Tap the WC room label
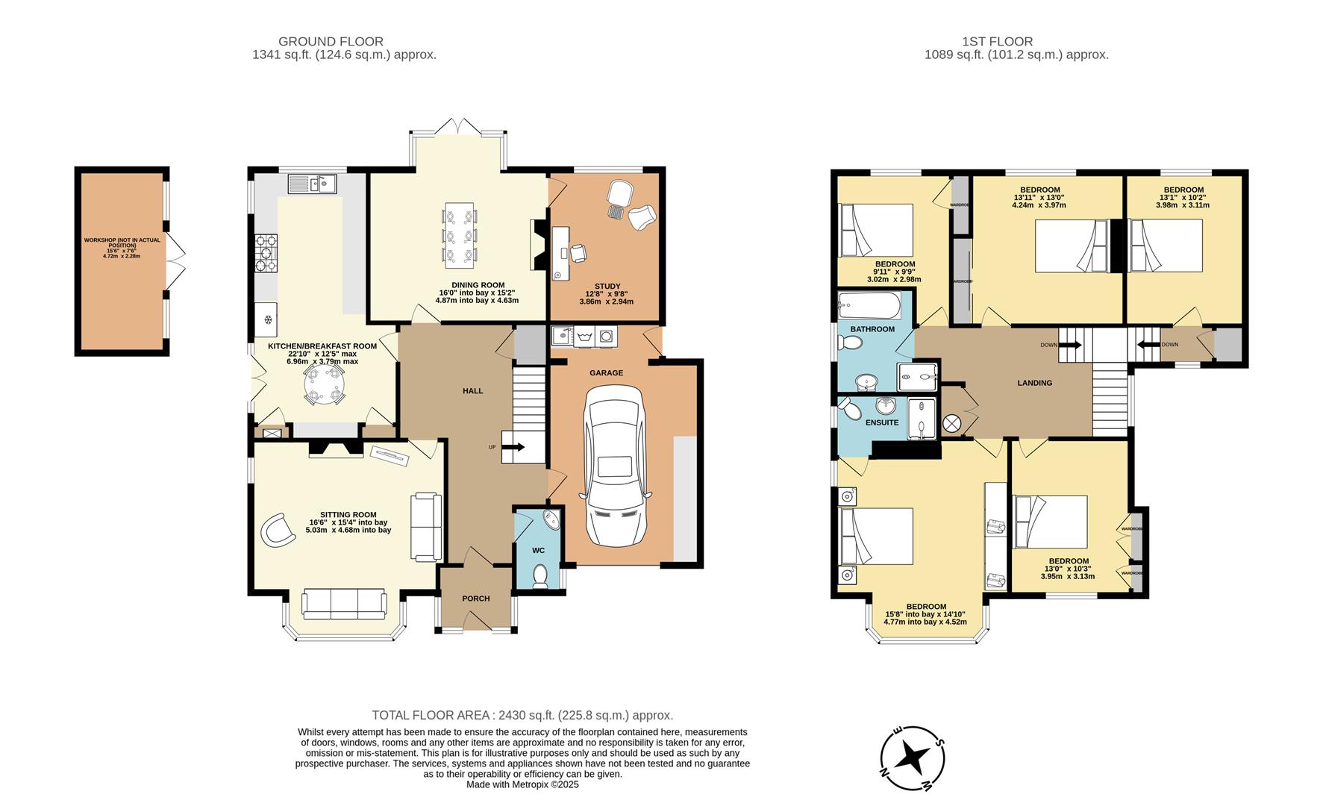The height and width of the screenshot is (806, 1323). pos(538,550)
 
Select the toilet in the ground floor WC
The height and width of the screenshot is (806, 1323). pos(541,575)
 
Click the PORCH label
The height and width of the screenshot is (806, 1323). pos(476,599)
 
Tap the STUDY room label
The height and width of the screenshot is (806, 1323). pos(607,286)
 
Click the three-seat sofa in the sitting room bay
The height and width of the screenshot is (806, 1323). pos(344,603)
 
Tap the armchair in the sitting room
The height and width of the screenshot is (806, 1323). pos(278,530)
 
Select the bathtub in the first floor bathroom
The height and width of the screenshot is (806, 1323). pos(869,304)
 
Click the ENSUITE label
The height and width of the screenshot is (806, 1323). pos(882,422)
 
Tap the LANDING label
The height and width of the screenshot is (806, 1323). pos(1034,383)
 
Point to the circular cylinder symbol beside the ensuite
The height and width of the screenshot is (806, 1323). pos(952,424)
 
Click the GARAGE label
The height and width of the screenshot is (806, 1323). pos(606,372)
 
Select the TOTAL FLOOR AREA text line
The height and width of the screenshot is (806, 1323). pos(522,715)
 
